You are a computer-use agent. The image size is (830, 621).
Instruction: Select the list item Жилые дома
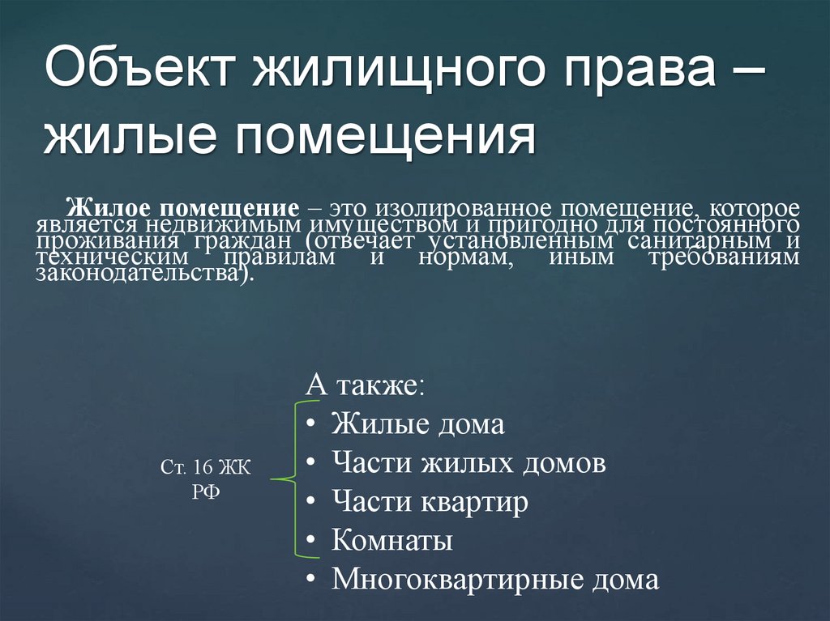tap(417, 424)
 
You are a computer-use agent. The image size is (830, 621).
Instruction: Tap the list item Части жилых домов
tap(468, 463)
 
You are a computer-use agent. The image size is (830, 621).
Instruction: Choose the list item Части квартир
tap(430, 502)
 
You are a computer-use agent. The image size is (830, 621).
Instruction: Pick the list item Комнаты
tap(391, 541)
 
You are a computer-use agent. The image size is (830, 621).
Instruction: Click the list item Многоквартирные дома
tap(495, 580)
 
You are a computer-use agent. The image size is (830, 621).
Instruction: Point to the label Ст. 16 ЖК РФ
tap(206, 479)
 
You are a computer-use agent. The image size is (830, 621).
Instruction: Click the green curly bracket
tap(288, 479)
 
